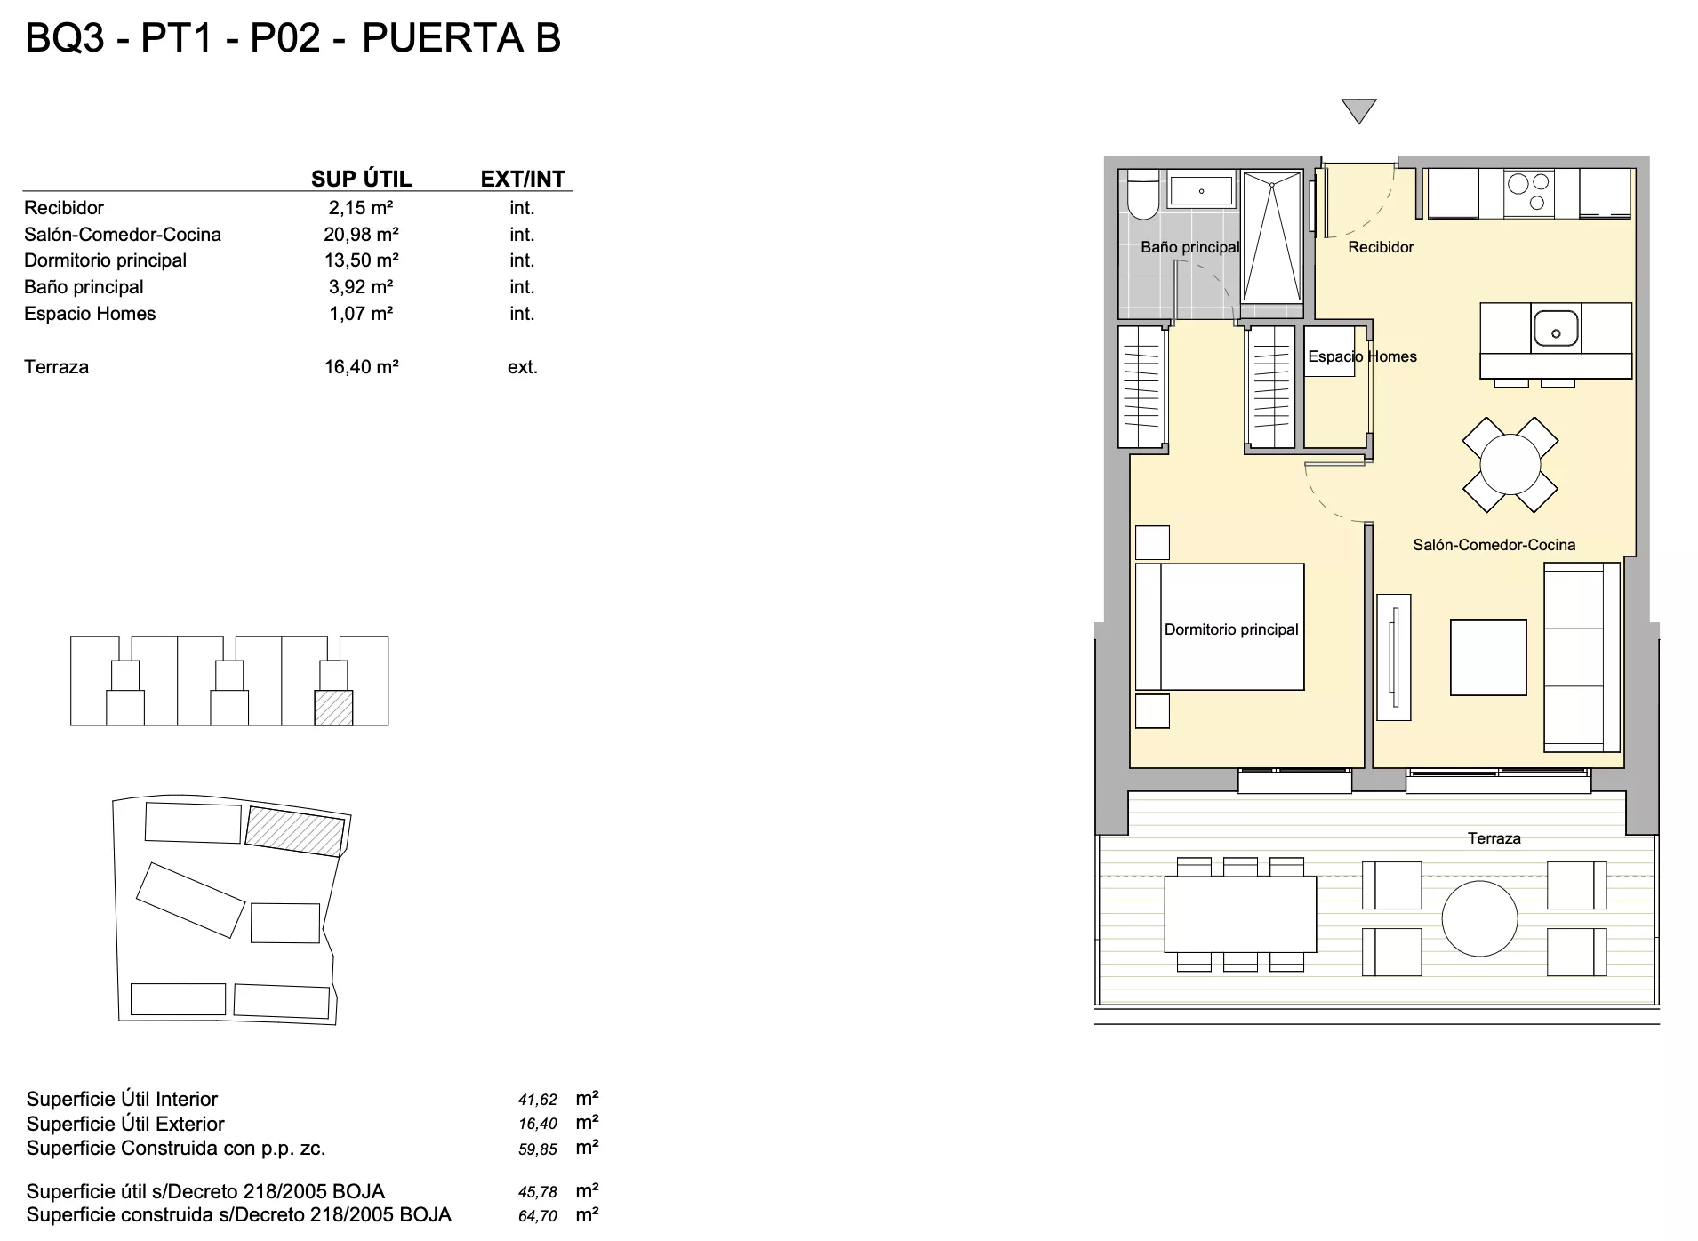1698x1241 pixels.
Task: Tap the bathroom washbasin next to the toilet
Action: click(1201, 190)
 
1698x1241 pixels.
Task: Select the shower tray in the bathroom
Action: click(1272, 237)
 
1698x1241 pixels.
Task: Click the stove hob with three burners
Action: click(1529, 193)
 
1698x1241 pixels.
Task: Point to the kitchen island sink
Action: click(1555, 329)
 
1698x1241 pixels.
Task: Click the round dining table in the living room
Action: click(1510, 465)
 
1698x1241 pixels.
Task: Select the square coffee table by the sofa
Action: click(1488, 657)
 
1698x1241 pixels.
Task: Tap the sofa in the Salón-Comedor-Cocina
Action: click(1582, 658)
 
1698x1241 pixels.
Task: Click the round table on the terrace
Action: click(1479, 918)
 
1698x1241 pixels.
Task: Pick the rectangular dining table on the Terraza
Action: click(1240, 914)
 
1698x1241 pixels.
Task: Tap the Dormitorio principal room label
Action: click(1231, 629)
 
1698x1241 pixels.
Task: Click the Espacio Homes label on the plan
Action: click(1362, 356)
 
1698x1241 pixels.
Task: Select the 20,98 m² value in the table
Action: click(361, 235)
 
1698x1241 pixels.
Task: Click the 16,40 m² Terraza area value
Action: click(361, 367)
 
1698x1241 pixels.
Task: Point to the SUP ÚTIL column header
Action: click(361, 179)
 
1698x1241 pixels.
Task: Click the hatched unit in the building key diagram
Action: click(333, 708)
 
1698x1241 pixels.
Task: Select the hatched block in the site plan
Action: click(295, 831)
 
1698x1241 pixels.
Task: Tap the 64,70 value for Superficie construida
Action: click(538, 1216)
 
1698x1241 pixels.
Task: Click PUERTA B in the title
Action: click(461, 38)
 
